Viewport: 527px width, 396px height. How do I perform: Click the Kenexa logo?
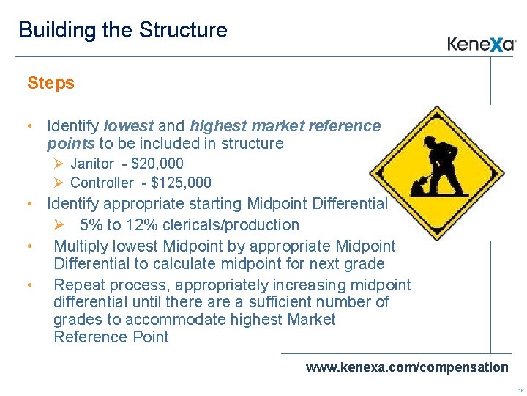pos(482,44)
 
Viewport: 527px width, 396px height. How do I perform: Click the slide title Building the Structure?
pos(123,30)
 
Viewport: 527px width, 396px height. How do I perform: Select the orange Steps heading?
pos(51,83)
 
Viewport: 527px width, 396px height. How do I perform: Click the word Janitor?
pos(92,164)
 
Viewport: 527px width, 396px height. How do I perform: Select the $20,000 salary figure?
pos(157,164)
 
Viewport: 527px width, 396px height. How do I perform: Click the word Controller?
pos(102,183)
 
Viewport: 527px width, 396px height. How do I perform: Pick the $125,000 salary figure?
pos(181,183)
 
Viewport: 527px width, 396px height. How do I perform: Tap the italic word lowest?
pos(129,125)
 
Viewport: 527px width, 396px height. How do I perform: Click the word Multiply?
pos(79,246)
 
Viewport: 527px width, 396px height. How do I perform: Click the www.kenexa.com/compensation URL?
pos(407,367)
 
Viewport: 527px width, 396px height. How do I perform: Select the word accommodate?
pos(175,320)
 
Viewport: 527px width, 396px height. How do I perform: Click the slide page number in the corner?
pos(520,391)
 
